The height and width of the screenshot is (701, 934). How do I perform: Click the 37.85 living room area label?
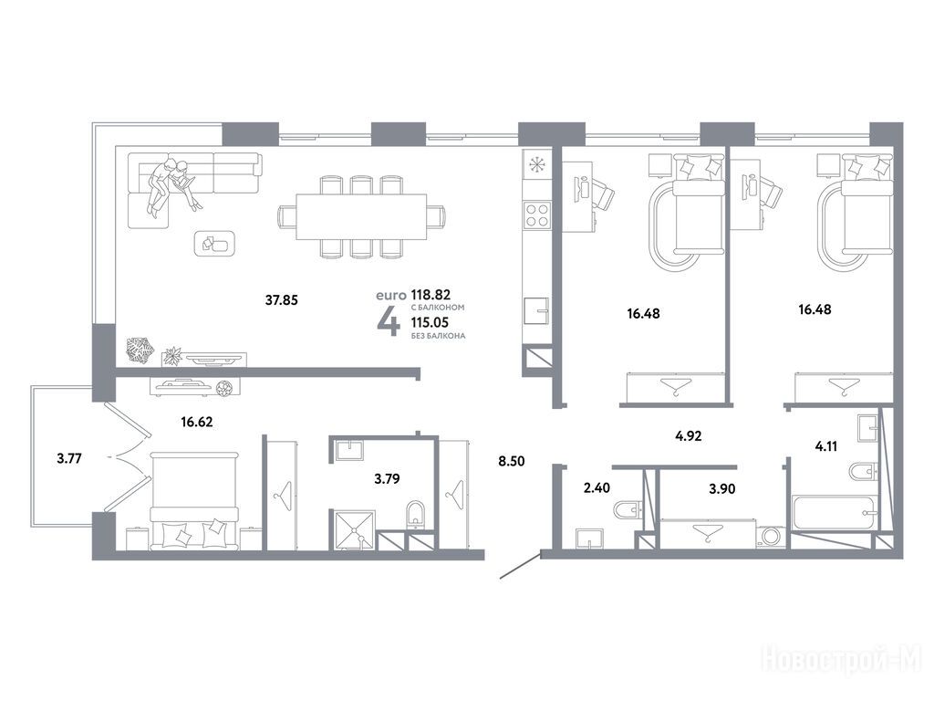pyautogui.click(x=281, y=299)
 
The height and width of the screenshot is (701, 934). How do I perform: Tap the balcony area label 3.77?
pyautogui.click(x=69, y=458)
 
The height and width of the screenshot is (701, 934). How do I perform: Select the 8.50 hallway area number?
pyautogui.click(x=511, y=461)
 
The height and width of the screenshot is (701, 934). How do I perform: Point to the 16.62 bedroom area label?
pyautogui.click(x=197, y=422)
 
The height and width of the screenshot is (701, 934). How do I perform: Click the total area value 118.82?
pyautogui.click(x=431, y=295)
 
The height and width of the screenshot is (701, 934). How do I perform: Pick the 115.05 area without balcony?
pyautogui.click(x=431, y=322)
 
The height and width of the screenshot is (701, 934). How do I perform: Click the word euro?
pyautogui.click(x=390, y=295)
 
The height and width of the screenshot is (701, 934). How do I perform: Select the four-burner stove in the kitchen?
pyautogui.click(x=536, y=215)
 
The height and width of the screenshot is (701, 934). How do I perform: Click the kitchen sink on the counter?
pyautogui.click(x=536, y=310)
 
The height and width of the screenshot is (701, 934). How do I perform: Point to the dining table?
pyautogui.click(x=361, y=216)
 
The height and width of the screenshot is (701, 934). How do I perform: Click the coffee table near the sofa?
pyautogui.click(x=214, y=243)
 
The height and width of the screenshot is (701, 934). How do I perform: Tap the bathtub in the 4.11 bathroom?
pyautogui.click(x=834, y=511)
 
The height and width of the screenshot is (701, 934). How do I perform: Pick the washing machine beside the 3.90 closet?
pyautogui.click(x=772, y=535)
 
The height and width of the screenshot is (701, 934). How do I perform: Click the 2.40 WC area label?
pyautogui.click(x=597, y=487)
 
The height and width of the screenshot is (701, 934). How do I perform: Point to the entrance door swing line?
pyautogui.click(x=520, y=566)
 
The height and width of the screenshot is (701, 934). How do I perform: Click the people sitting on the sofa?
pyautogui.click(x=172, y=183)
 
